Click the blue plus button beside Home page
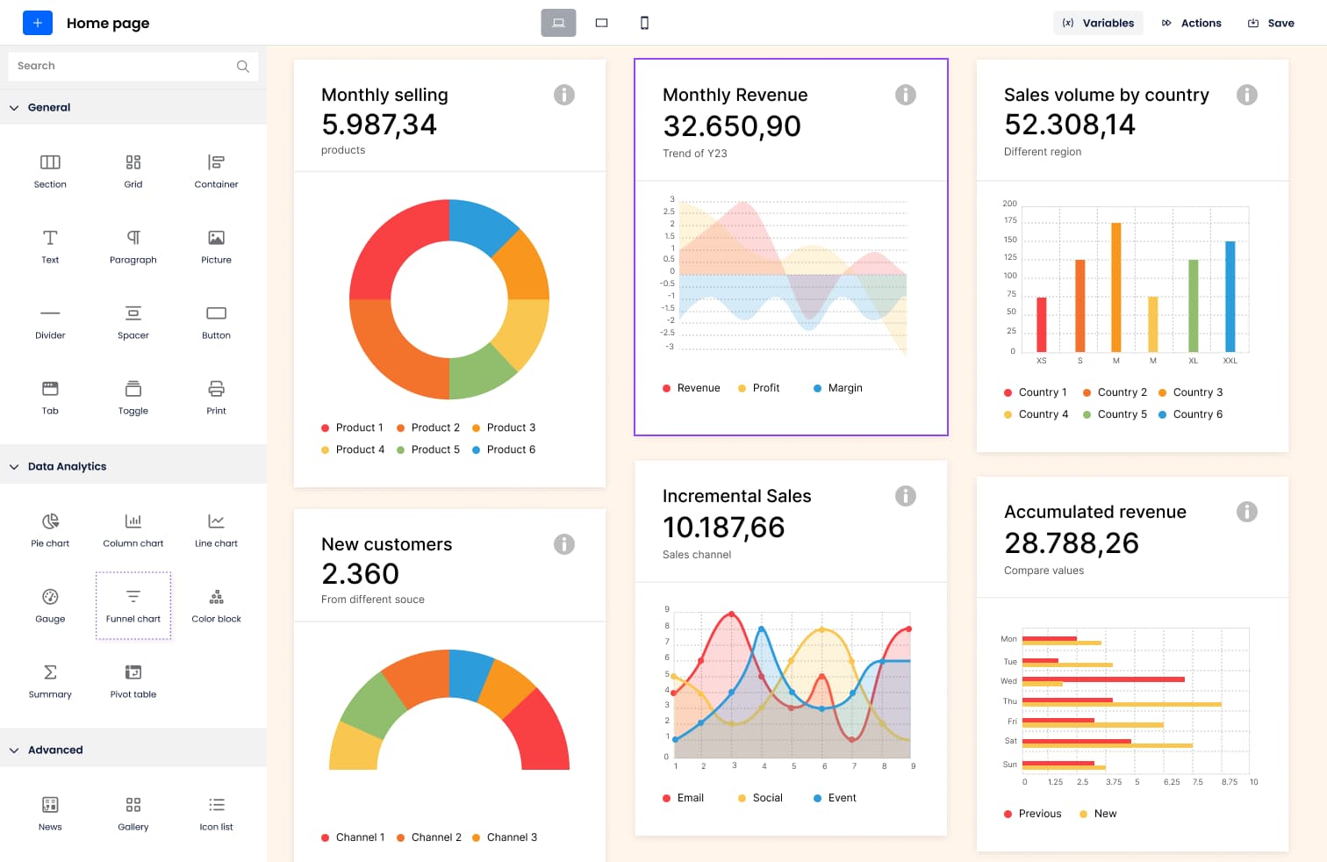[x=37, y=23]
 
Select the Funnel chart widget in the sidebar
[x=133, y=605]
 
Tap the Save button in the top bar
[x=1271, y=23]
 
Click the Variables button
[x=1098, y=23]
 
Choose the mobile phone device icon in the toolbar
[x=644, y=23]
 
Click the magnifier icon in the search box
[x=243, y=66]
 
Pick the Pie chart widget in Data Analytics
[x=50, y=529]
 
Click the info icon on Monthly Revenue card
[x=905, y=95]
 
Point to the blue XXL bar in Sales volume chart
[x=1230, y=297]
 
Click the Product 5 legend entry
[x=428, y=449]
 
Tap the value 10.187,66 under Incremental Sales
[x=723, y=528]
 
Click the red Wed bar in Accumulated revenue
[x=1102, y=679]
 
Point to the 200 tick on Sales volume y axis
[x=1009, y=204]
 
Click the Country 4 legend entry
[x=1036, y=414]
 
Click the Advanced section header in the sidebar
[x=55, y=750]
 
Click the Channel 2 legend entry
[x=429, y=837]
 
